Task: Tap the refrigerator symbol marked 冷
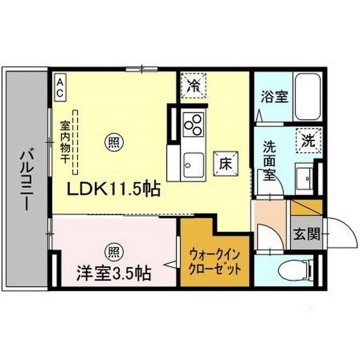pos(193,87)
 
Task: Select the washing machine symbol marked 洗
pos(309,138)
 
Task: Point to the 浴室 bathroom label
pos(274,96)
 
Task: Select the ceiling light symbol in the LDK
pos(114,143)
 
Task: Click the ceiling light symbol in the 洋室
pos(114,250)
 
